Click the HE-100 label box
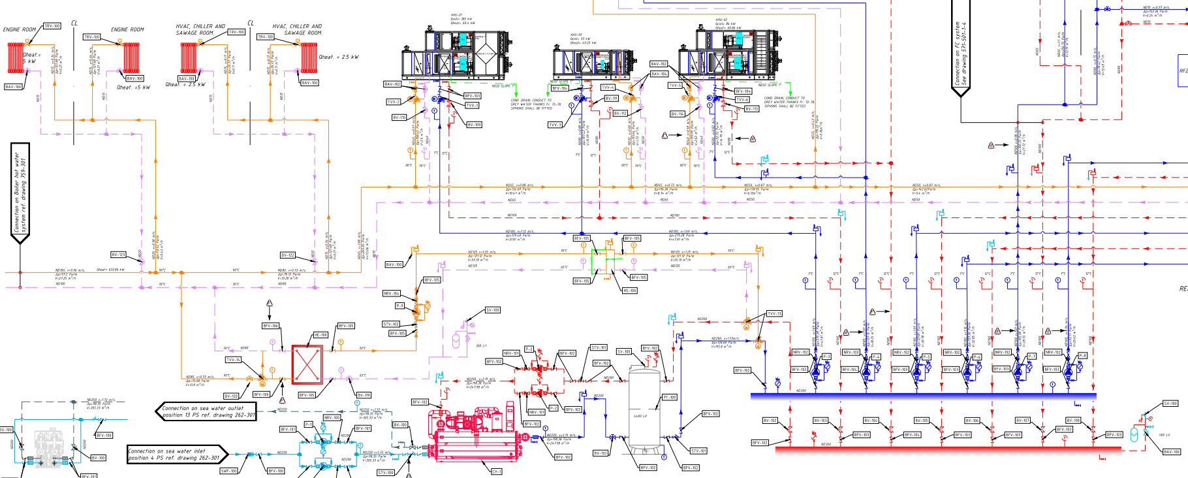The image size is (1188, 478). (x=320, y=335)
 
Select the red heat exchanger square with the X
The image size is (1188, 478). (x=307, y=364)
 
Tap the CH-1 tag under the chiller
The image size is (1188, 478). (x=496, y=471)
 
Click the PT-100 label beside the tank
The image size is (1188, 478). (x=670, y=397)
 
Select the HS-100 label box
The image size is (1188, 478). (x=630, y=291)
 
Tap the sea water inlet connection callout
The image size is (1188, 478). (x=177, y=454)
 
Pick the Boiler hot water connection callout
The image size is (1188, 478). (x=20, y=193)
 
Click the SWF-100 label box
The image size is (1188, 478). (x=228, y=471)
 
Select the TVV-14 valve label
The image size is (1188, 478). (x=233, y=360)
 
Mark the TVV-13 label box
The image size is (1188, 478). (x=774, y=314)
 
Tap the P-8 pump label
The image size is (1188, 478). (x=1082, y=356)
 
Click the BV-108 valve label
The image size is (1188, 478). (x=1073, y=421)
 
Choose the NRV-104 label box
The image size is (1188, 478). (x=392, y=294)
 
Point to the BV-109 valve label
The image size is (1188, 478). (x=474, y=125)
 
